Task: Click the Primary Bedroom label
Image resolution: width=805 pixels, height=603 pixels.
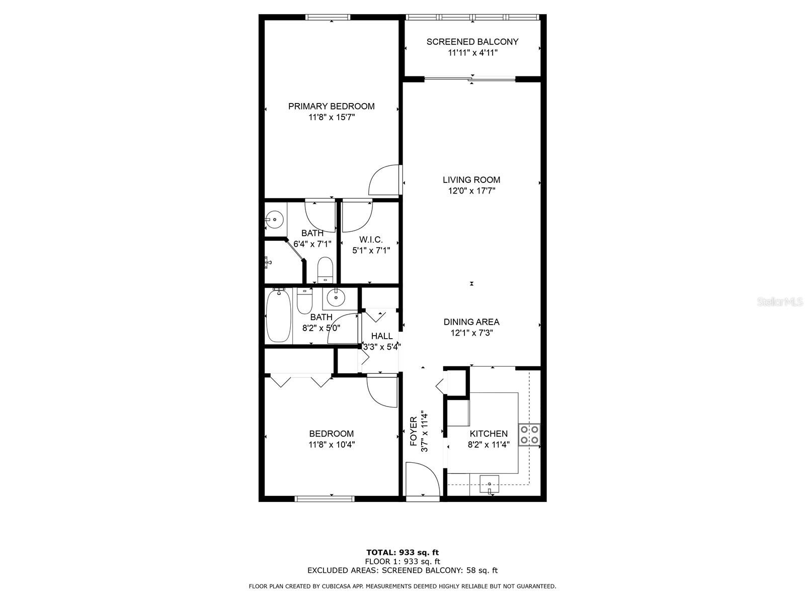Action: tap(331, 106)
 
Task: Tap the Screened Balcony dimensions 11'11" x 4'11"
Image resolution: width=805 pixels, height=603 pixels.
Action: tap(472, 53)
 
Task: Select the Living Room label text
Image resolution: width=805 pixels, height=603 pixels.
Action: tap(471, 180)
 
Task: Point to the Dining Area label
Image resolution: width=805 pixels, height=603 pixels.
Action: tap(471, 322)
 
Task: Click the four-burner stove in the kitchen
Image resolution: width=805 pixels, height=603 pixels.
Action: tap(529, 435)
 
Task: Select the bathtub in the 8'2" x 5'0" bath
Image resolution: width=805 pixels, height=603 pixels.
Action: tap(279, 315)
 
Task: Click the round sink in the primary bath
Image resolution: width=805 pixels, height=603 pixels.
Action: tap(274, 220)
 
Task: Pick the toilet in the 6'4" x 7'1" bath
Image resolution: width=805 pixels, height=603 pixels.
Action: tap(325, 270)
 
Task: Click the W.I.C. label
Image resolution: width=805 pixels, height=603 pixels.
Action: tap(371, 240)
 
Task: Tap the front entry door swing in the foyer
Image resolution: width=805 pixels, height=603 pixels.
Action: tap(423, 479)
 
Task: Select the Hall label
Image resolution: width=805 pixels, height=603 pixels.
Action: tap(382, 336)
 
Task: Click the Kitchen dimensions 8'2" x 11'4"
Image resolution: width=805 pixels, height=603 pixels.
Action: tap(489, 445)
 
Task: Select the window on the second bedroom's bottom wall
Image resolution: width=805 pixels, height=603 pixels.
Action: tap(325, 498)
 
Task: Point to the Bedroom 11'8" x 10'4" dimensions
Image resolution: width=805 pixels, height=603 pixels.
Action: tap(332, 445)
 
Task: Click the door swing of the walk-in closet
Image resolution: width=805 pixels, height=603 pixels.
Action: tap(358, 217)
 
